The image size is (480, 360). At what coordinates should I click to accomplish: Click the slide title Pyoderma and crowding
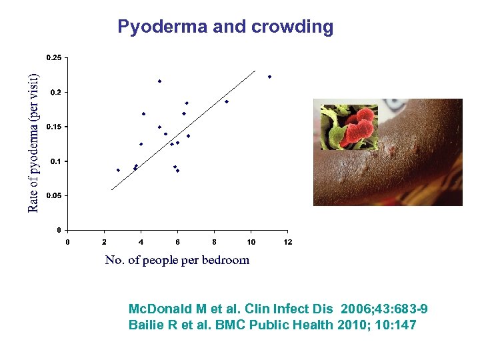tap(225, 27)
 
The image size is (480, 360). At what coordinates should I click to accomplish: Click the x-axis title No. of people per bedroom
tap(177, 260)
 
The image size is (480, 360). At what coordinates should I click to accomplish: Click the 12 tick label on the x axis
tap(287, 241)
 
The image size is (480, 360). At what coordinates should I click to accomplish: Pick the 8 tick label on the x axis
tap(214, 241)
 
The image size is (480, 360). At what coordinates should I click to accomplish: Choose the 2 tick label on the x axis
tap(104, 241)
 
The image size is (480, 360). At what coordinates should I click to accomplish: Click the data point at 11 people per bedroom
tap(269, 77)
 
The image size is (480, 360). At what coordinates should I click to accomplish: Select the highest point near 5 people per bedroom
tap(159, 81)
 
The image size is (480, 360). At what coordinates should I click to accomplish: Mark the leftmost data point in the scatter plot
tap(118, 170)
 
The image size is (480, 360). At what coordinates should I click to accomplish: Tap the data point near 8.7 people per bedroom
tap(227, 101)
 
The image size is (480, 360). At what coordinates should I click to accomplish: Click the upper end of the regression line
tap(255, 71)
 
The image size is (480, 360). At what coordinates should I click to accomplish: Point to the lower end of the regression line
tap(112, 189)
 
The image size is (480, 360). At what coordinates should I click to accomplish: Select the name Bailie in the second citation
tap(144, 325)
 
